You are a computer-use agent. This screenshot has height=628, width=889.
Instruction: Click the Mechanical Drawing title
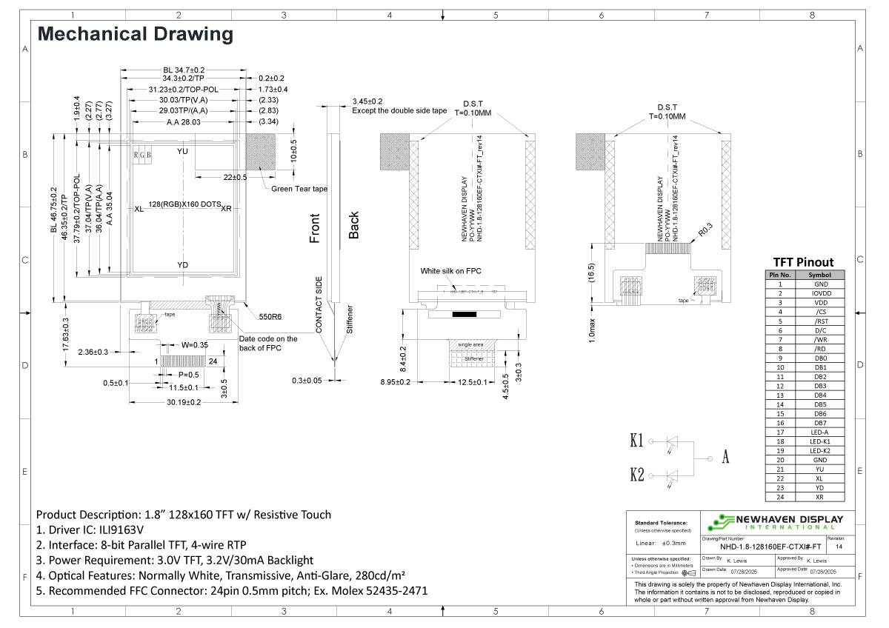[x=135, y=34]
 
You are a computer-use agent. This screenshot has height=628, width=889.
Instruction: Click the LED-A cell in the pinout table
[x=819, y=432]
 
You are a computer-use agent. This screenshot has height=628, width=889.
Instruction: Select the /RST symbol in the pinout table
[x=819, y=321]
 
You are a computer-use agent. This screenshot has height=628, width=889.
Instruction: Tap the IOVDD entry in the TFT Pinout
[x=819, y=293]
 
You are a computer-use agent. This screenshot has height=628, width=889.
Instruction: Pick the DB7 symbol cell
[x=819, y=423]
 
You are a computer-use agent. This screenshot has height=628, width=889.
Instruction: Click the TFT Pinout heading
[x=803, y=261]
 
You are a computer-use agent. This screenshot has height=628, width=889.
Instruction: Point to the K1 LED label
[x=636, y=441]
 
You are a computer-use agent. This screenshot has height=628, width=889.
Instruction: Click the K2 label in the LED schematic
[x=636, y=475]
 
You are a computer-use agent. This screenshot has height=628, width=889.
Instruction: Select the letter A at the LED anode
[x=726, y=457]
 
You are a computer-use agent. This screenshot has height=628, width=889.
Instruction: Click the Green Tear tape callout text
[x=299, y=190]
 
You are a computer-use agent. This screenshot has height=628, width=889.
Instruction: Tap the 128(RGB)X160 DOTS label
[x=184, y=204]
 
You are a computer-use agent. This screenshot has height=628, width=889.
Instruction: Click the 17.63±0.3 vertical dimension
[x=65, y=334]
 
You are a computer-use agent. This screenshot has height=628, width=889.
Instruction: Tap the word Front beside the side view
[x=316, y=228]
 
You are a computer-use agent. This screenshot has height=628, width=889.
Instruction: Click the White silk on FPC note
[x=450, y=271]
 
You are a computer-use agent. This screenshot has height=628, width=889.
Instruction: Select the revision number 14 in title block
[x=839, y=547]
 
